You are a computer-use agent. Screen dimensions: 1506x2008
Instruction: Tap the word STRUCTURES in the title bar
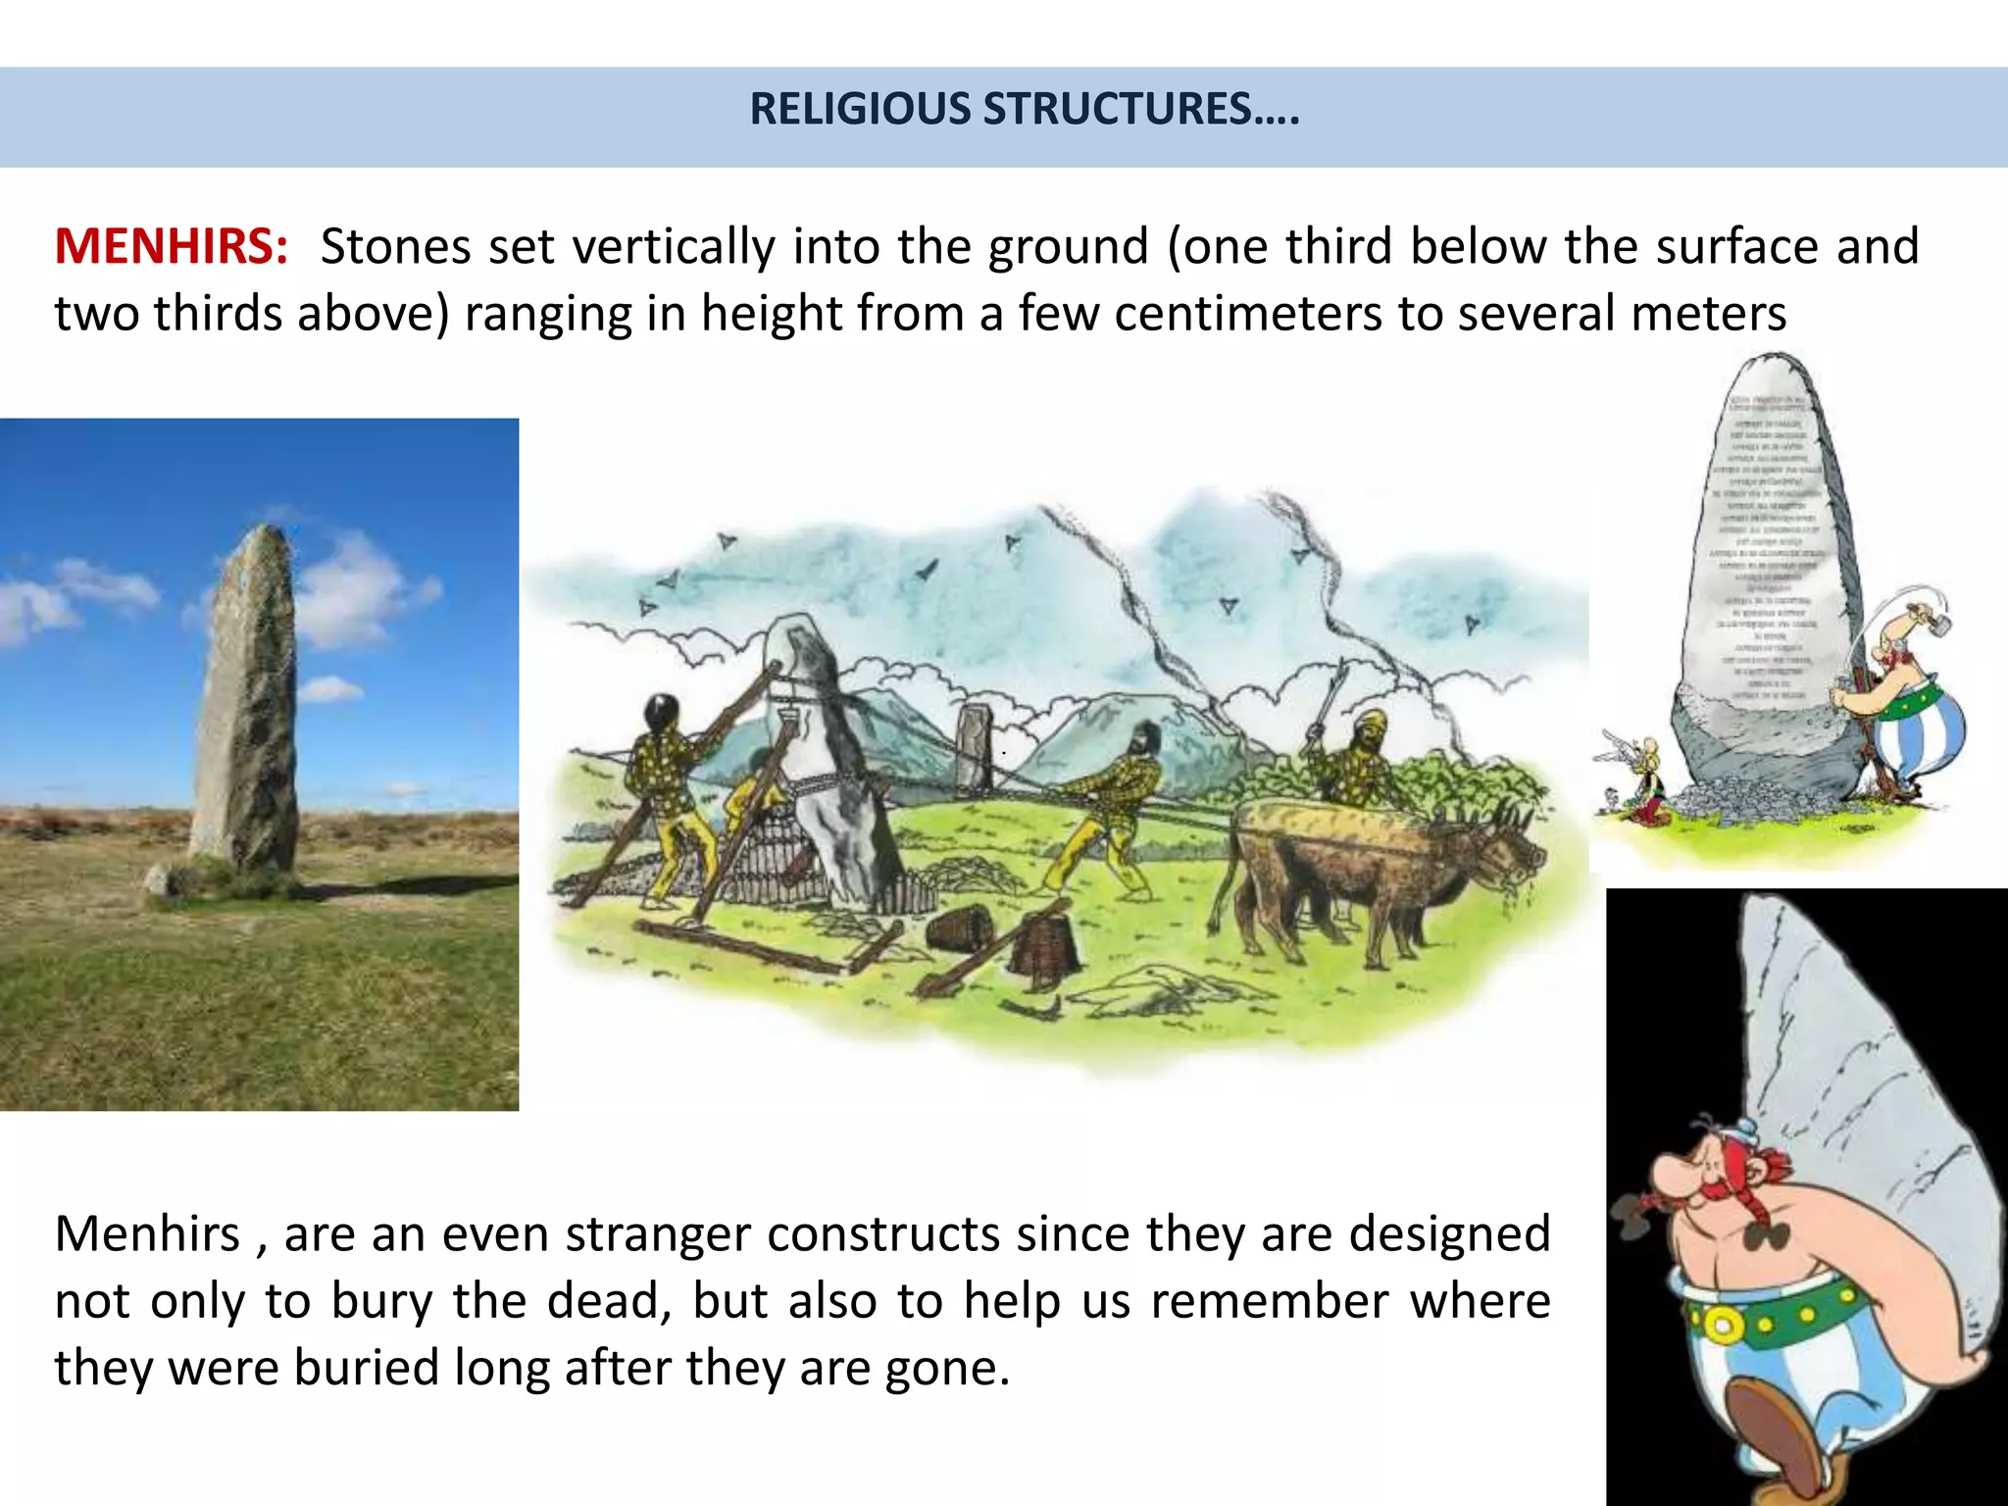1117,109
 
